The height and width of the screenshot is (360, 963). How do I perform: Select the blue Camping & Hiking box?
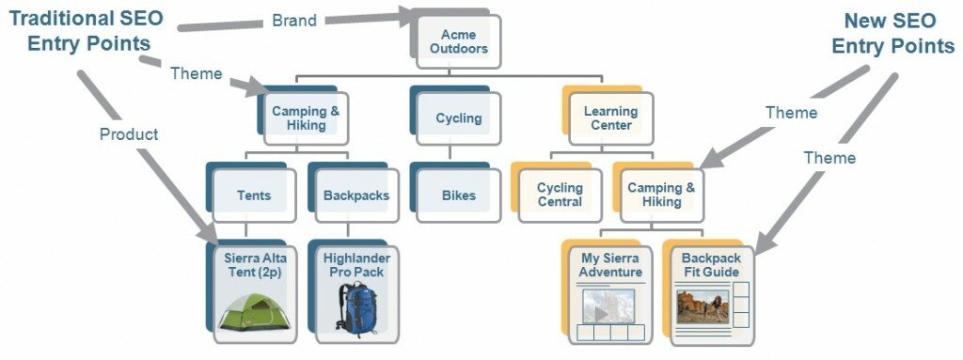306,117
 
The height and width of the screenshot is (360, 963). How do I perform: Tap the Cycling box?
458,118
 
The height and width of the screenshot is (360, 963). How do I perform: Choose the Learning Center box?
611,118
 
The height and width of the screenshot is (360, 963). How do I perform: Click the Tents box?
254,196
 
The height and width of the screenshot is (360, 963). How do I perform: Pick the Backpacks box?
355,196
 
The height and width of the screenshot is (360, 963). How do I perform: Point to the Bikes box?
458,196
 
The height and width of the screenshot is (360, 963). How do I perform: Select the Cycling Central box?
560,195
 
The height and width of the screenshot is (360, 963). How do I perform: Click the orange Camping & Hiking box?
661,195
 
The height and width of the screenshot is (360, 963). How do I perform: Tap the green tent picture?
254,309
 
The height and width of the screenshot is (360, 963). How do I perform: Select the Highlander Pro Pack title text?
356,264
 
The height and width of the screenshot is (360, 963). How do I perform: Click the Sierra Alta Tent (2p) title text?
254,264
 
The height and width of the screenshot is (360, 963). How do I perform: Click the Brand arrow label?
293,20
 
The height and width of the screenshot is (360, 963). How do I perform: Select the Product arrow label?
129,134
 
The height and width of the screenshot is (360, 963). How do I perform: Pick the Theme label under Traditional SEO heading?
196,72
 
